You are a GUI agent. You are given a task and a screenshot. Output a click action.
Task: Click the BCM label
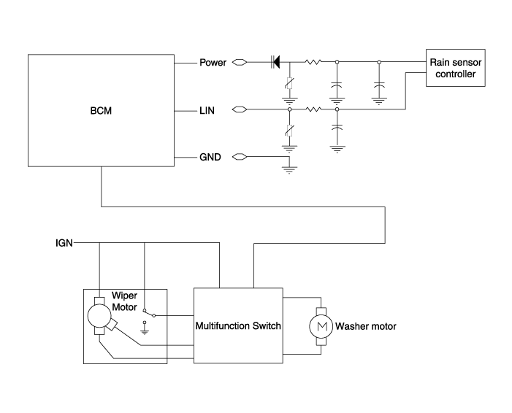[101, 112]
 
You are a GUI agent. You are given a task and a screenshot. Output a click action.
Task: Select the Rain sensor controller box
[454, 69]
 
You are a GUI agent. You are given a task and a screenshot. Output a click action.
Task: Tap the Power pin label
[213, 63]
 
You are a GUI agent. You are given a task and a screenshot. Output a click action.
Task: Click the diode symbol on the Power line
[276, 63]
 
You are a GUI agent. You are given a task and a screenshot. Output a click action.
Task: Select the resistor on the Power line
[313, 63]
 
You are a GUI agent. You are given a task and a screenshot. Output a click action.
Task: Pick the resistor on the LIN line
[313, 110]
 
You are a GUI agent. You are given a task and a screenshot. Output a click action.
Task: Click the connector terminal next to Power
[239, 63]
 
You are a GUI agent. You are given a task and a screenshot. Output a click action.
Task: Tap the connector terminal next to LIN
[239, 110]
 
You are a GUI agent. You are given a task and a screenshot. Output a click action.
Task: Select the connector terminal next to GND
[239, 157]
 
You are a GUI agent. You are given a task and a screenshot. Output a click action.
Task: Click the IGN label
[64, 242]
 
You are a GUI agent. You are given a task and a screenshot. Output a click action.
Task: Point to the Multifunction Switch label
[238, 325]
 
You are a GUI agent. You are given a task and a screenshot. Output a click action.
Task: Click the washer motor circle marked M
[320, 326]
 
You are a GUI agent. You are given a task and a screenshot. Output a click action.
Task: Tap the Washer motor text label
[366, 326]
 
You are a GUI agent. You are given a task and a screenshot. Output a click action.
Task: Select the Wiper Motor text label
[125, 301]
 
